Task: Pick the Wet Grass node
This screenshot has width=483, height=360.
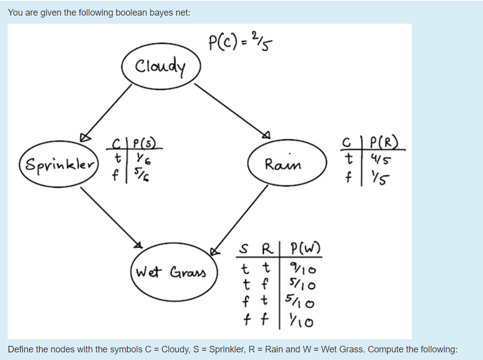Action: (x=173, y=273)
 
